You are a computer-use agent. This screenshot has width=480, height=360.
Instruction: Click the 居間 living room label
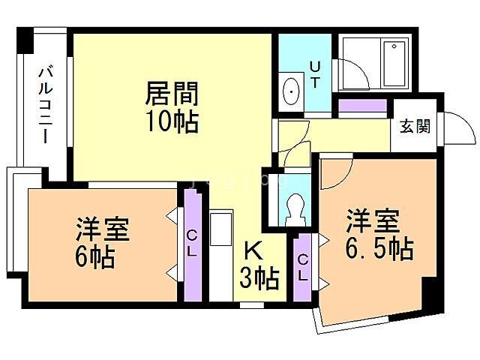(x=172, y=95)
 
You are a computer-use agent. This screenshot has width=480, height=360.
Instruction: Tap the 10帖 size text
(x=172, y=121)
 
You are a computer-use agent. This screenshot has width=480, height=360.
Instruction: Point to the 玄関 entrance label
(x=415, y=126)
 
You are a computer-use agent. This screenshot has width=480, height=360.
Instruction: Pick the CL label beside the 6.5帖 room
(x=303, y=267)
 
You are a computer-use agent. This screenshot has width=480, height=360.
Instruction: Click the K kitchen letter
(x=250, y=251)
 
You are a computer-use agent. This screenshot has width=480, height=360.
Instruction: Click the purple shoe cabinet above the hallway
(x=361, y=106)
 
